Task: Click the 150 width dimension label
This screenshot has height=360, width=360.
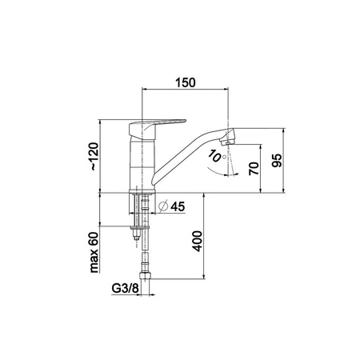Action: pos(186,82)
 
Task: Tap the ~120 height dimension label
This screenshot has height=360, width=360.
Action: pos(94,157)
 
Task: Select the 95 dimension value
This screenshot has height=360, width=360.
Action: pos(277,160)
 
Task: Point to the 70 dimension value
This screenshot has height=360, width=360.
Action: pos(254,168)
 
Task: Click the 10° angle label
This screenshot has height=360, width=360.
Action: pos(217,156)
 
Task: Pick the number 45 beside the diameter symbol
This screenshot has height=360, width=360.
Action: pos(178,206)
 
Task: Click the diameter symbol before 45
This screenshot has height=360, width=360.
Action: pos(163,206)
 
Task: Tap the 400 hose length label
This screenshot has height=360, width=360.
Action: pos(198,241)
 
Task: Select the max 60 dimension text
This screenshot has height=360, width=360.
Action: pos(94,252)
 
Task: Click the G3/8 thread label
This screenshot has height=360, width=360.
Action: pos(125,288)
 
